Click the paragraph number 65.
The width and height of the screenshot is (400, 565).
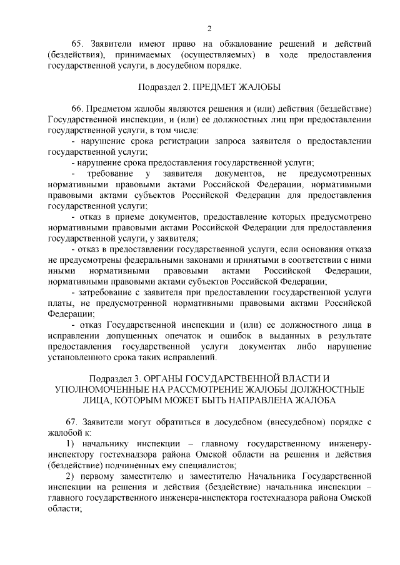point(77,44)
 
